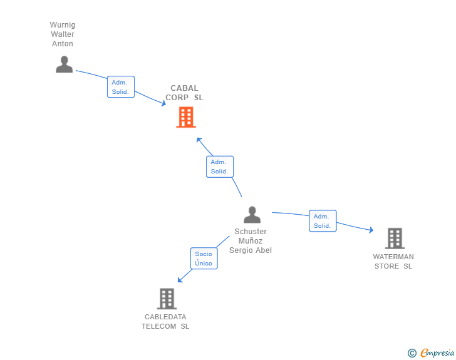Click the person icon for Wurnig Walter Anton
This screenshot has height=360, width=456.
click(64, 64)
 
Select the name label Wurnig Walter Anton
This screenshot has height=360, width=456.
click(63, 34)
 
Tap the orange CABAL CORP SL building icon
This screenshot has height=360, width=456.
click(185, 117)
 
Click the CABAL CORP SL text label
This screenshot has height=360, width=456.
click(184, 93)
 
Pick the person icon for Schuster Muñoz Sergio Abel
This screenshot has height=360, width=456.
click(252, 215)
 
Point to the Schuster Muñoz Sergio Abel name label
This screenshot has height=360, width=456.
click(251, 241)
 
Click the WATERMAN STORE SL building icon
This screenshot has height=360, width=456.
click(394, 239)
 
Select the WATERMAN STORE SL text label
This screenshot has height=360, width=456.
click(393, 261)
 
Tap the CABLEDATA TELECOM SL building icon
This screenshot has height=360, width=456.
click(166, 299)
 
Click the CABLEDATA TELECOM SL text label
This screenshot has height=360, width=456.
click(165, 321)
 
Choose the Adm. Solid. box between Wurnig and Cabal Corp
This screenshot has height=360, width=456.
click(120, 87)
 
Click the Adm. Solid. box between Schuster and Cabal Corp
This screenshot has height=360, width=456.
click(219, 167)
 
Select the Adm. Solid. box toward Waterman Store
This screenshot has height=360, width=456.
click(322, 221)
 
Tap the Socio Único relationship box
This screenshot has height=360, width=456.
click(204, 259)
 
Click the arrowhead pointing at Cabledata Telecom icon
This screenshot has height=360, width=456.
click(180, 280)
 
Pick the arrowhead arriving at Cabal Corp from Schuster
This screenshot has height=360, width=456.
click(199, 139)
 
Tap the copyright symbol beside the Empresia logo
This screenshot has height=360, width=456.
click(412, 353)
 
